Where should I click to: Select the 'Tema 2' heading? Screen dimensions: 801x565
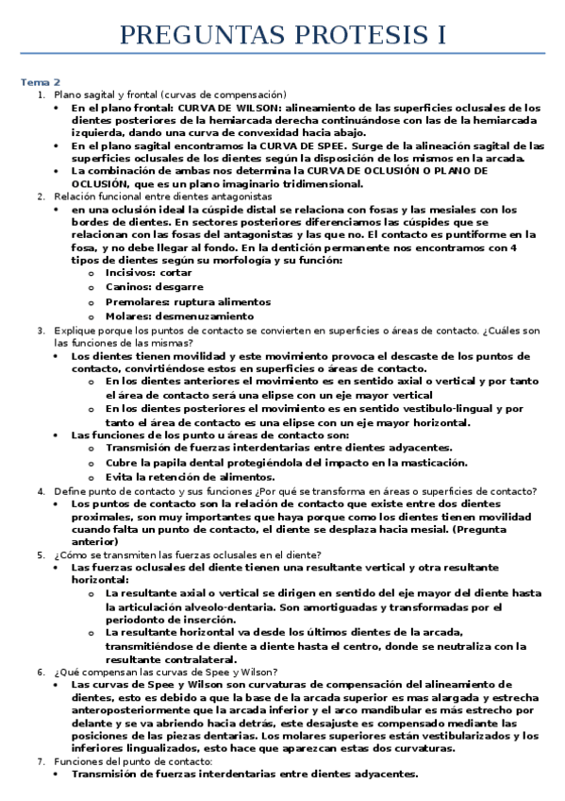(x=41, y=82)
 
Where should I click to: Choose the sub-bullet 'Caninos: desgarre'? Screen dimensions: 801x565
(x=155, y=286)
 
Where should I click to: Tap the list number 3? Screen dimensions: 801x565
(x=41, y=331)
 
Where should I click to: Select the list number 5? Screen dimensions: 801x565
(x=41, y=554)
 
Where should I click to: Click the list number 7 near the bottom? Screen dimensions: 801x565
(x=41, y=760)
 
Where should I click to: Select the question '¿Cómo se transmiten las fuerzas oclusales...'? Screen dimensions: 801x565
(x=188, y=554)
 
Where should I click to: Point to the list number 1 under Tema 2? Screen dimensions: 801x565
(x=41, y=94)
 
